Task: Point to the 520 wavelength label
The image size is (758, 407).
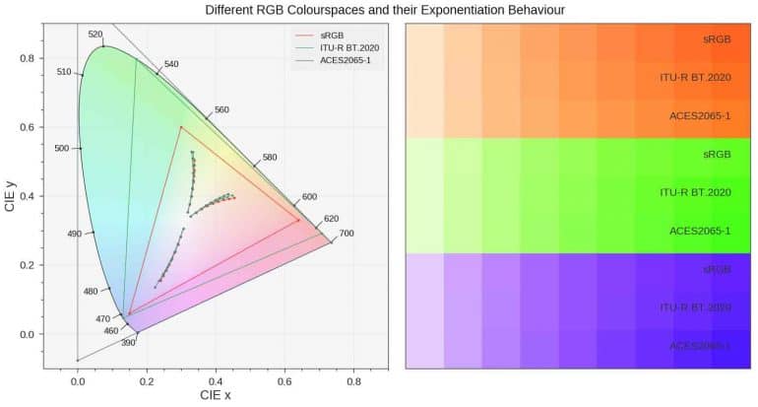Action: (x=95, y=34)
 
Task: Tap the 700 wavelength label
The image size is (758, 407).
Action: (x=346, y=234)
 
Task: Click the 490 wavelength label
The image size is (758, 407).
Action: (x=74, y=235)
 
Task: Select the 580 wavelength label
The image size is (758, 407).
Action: (x=270, y=158)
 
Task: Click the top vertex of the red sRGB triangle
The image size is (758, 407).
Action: (x=180, y=127)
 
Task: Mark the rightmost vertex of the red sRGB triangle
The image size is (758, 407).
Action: (x=299, y=221)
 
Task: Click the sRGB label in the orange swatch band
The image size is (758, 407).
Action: (x=716, y=39)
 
